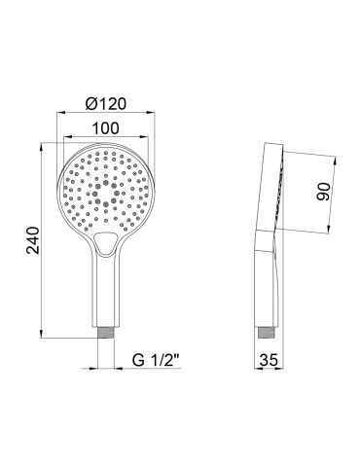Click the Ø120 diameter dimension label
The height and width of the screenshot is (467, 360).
106,104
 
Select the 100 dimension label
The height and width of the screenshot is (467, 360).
106,128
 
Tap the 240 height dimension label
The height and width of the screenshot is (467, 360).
33,240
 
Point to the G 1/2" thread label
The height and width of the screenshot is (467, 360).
157,360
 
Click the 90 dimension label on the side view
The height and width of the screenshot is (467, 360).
323,192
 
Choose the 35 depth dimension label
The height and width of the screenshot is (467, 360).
269,360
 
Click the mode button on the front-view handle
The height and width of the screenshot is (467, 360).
104,243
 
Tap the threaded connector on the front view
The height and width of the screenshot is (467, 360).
106,333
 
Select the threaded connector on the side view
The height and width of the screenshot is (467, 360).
267,333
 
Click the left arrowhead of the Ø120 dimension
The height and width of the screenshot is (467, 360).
61,113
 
